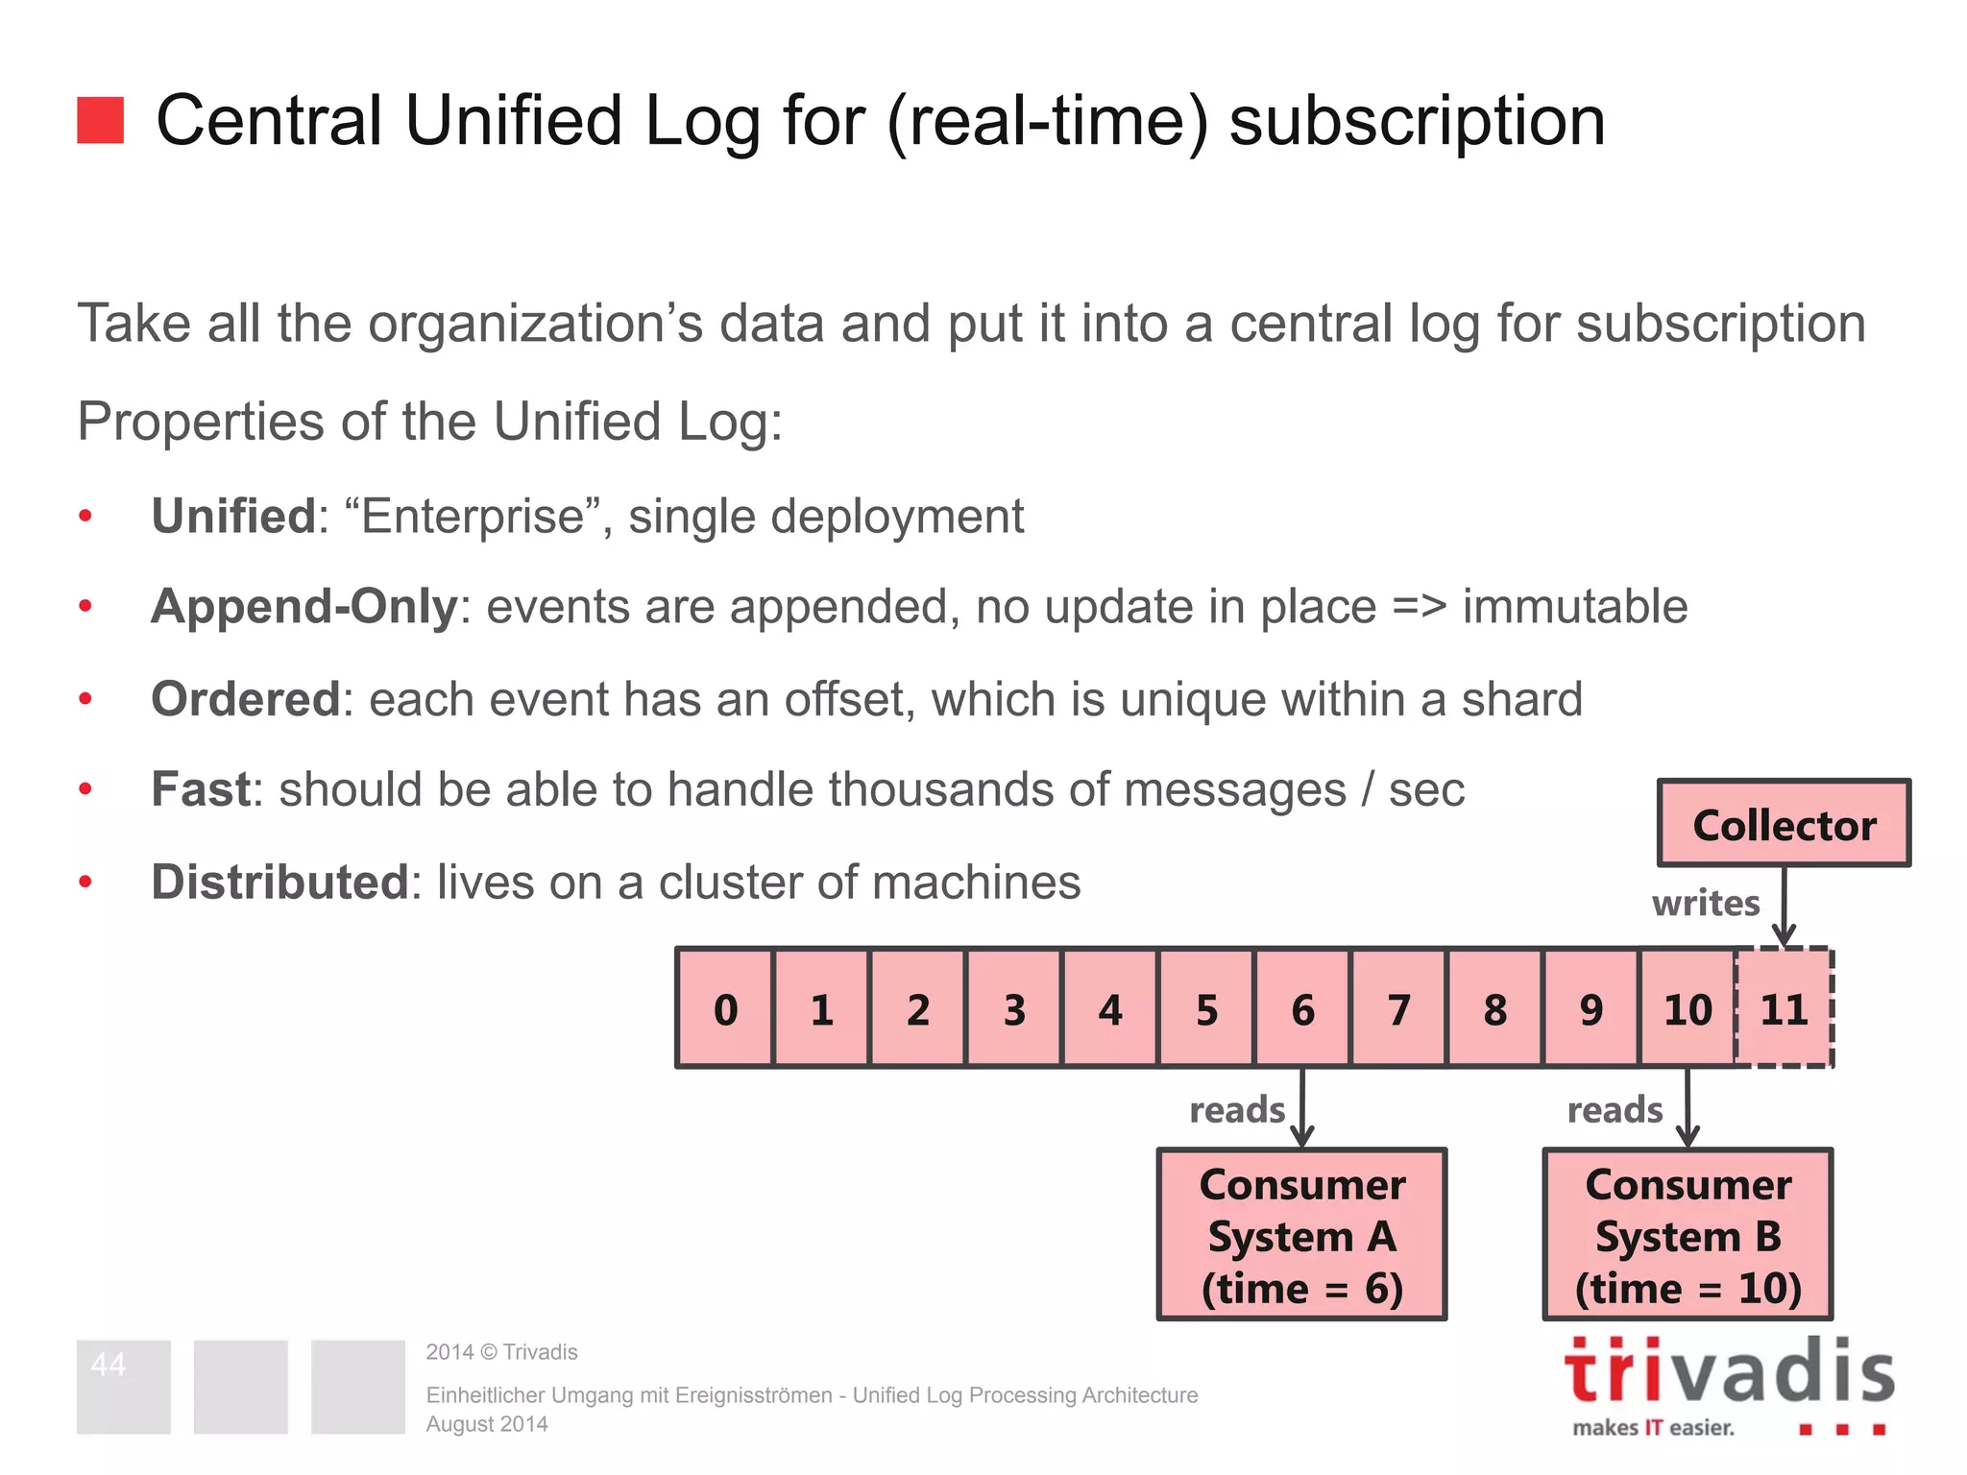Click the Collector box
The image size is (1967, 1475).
[x=1784, y=824]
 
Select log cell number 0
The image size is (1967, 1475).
[x=725, y=1009]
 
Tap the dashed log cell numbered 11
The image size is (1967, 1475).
[x=1785, y=1009]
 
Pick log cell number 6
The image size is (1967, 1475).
[x=1302, y=1009]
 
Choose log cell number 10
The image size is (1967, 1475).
[x=1688, y=1009]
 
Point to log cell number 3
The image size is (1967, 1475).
[x=1014, y=1009]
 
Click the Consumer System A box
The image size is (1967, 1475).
[x=1301, y=1235]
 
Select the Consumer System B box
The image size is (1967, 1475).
[x=1688, y=1235]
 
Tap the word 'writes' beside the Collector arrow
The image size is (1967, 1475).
[x=1706, y=904]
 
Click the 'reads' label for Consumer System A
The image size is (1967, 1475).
[x=1237, y=1110]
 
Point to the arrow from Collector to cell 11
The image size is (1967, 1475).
[x=1784, y=907]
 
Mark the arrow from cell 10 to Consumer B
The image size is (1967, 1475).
[x=1688, y=1106]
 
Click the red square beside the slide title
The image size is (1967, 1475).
[x=101, y=120]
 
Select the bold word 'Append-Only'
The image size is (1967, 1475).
[x=304, y=607]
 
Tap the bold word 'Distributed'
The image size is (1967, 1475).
[x=280, y=882]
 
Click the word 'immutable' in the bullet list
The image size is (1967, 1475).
[x=1575, y=607]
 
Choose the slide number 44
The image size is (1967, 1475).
[x=109, y=1365]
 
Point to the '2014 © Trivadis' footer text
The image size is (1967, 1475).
[x=501, y=1352]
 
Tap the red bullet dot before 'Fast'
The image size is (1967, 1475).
[x=85, y=789]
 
